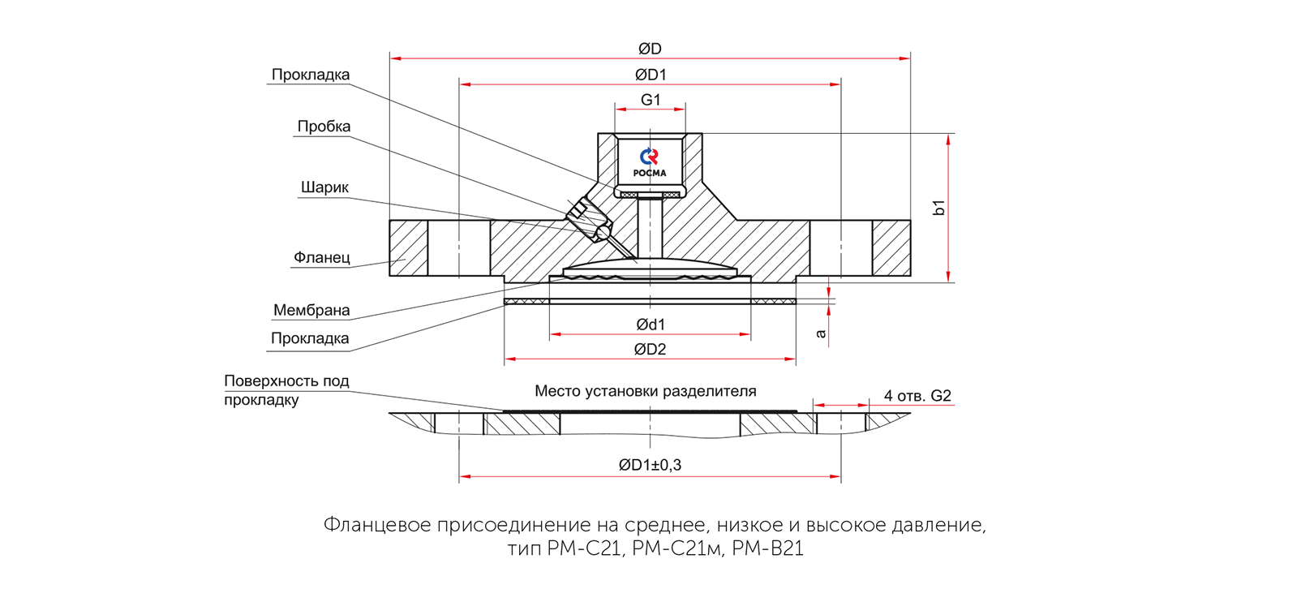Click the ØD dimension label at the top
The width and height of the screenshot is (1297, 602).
click(x=650, y=49)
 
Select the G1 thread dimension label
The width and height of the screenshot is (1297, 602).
click(x=651, y=100)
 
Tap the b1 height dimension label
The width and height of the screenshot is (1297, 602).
click(x=939, y=207)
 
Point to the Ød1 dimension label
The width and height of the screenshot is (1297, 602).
click(x=651, y=325)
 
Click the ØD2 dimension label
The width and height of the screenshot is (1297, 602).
click(x=651, y=350)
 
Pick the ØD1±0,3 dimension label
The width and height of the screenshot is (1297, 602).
click(x=650, y=465)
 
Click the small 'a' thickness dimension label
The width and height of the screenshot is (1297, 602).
click(x=821, y=333)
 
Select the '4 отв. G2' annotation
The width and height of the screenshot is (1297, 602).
click(x=917, y=396)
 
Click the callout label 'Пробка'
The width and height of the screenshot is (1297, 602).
click(x=324, y=127)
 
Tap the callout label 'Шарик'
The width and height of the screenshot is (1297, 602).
click(x=324, y=187)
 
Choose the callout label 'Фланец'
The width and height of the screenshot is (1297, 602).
click(x=322, y=258)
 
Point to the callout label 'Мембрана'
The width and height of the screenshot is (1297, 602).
click(x=311, y=310)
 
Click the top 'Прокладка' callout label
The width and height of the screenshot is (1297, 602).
click(x=311, y=75)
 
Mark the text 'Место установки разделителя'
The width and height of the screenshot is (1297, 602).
click(x=645, y=391)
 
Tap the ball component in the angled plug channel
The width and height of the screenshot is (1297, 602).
click(x=602, y=232)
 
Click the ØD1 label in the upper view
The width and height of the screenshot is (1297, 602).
click(x=651, y=75)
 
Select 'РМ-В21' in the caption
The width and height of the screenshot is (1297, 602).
click(x=767, y=549)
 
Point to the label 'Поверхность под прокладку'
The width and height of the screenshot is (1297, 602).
click(x=286, y=390)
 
